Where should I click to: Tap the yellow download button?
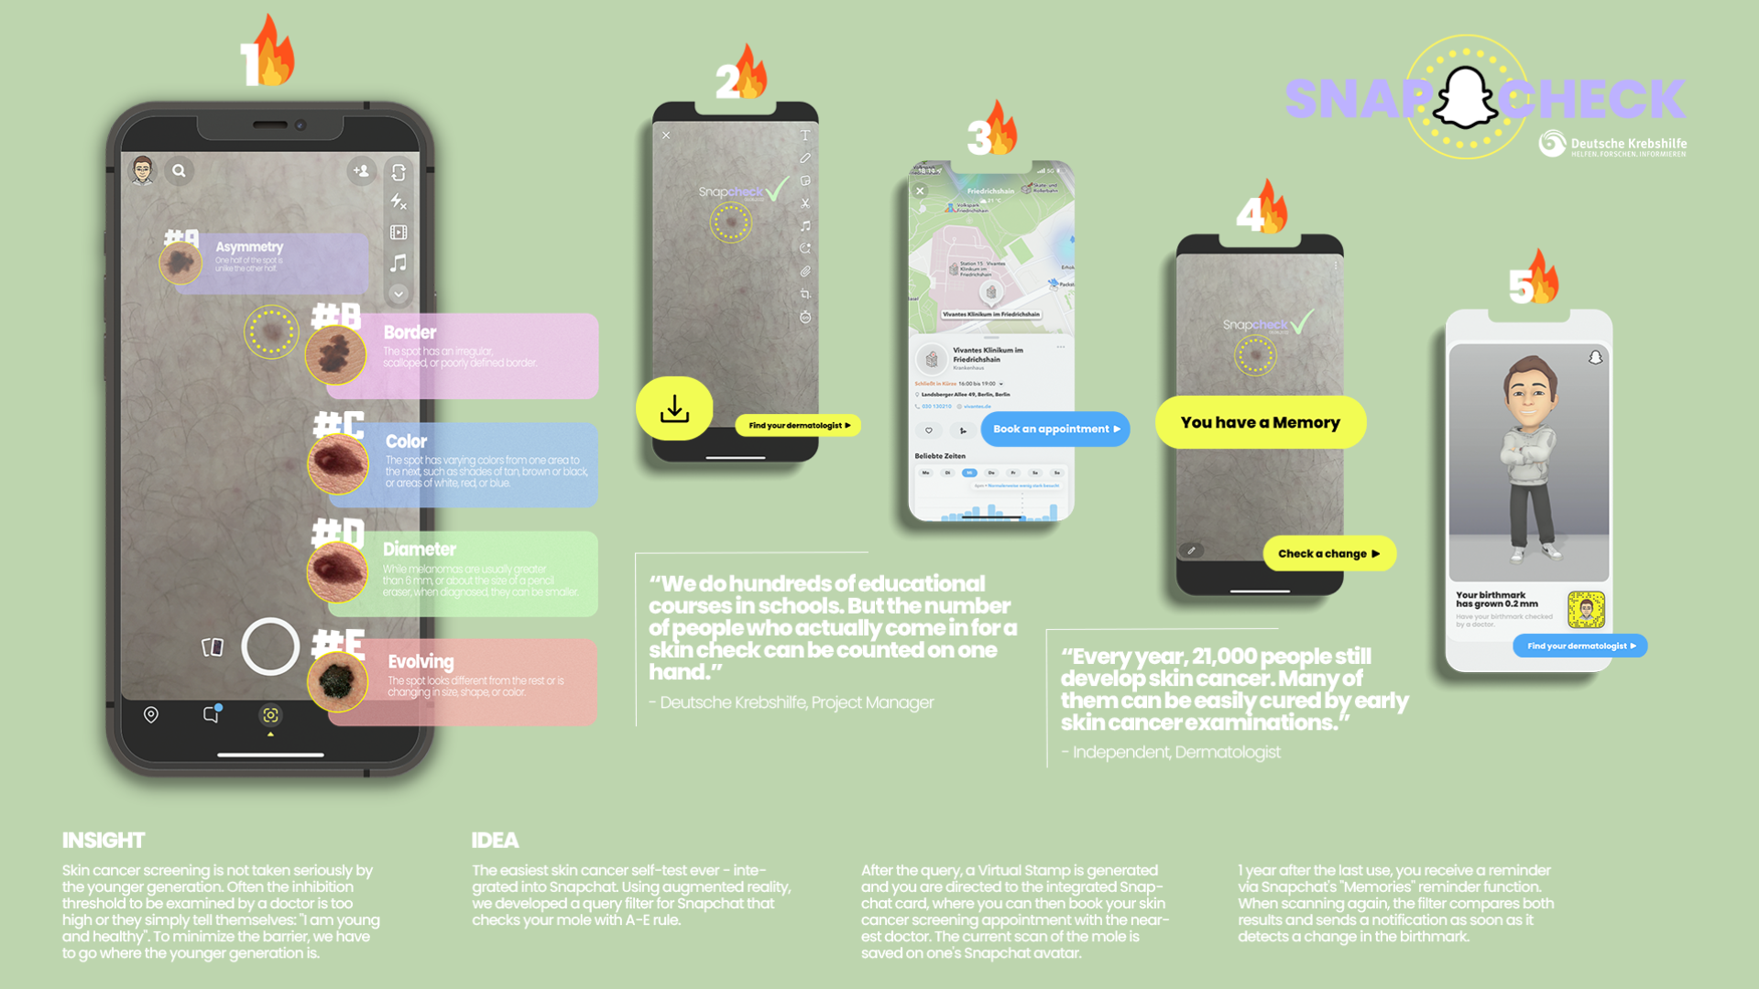tap(674, 408)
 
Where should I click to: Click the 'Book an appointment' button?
tap(1055, 429)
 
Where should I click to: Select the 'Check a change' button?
tap(1328, 553)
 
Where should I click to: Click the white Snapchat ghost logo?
tap(1465, 97)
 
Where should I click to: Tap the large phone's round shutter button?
tap(270, 647)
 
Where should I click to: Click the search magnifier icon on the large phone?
tap(180, 170)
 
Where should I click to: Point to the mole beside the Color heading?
tap(337, 464)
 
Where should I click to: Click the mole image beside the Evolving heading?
tap(337, 681)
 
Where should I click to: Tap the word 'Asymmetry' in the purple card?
tap(249, 247)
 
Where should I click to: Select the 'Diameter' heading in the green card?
tap(420, 549)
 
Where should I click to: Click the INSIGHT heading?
tap(104, 840)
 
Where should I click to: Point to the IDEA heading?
tap(495, 840)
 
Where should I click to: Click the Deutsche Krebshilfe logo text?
tap(1628, 145)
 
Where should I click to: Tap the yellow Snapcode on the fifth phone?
tap(1586, 610)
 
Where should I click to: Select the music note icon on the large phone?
tap(399, 264)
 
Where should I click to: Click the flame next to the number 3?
tap(1001, 128)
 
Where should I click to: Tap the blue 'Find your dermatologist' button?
tap(1579, 646)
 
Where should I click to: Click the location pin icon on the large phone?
tap(151, 714)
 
